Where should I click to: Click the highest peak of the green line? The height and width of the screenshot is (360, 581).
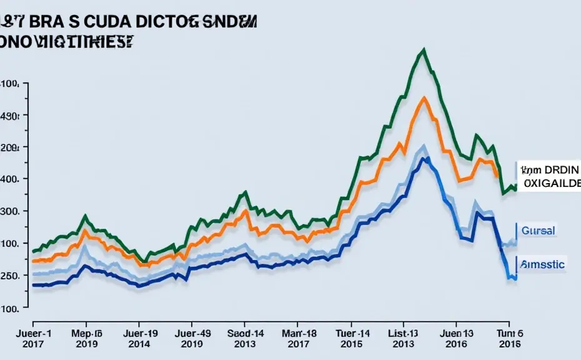coord(424,49)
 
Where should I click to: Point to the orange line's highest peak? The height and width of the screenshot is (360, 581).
coord(424,97)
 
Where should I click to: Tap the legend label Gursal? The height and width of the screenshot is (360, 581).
coord(538,231)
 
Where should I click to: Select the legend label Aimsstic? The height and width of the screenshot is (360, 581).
coord(542,264)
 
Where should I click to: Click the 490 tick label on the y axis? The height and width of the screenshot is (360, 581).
coord(11,116)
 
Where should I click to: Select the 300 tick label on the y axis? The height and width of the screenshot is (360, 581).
coord(11,211)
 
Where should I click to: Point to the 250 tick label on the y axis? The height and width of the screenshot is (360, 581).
coord(11,276)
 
